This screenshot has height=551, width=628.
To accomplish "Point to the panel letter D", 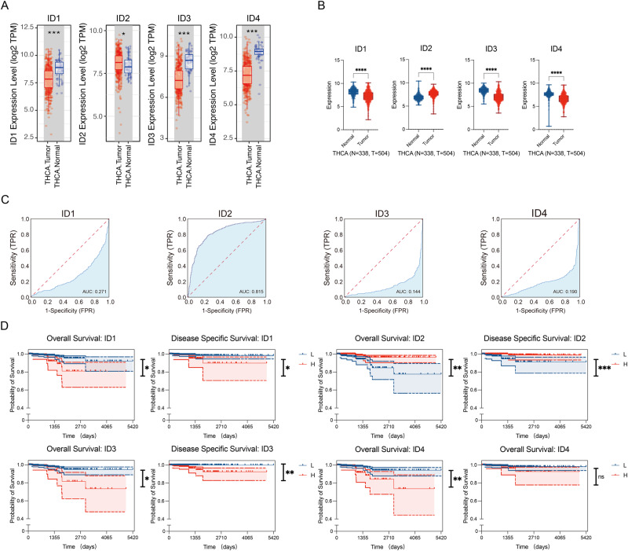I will pos(6,324).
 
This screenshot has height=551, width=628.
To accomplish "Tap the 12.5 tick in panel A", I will pos(25,28).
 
